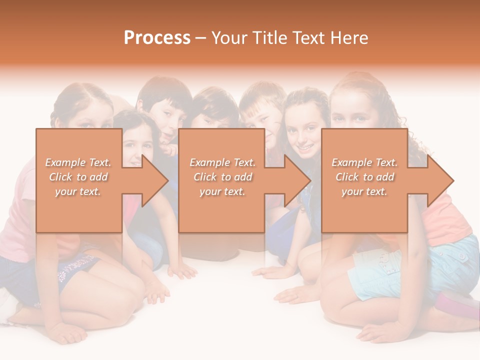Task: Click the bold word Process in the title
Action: [157, 38]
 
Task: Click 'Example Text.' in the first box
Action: [78, 162]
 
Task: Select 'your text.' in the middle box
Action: [222, 191]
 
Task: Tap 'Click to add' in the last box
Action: [364, 177]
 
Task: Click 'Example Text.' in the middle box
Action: [222, 162]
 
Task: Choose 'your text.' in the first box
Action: [78, 191]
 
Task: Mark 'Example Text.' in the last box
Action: [364, 162]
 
